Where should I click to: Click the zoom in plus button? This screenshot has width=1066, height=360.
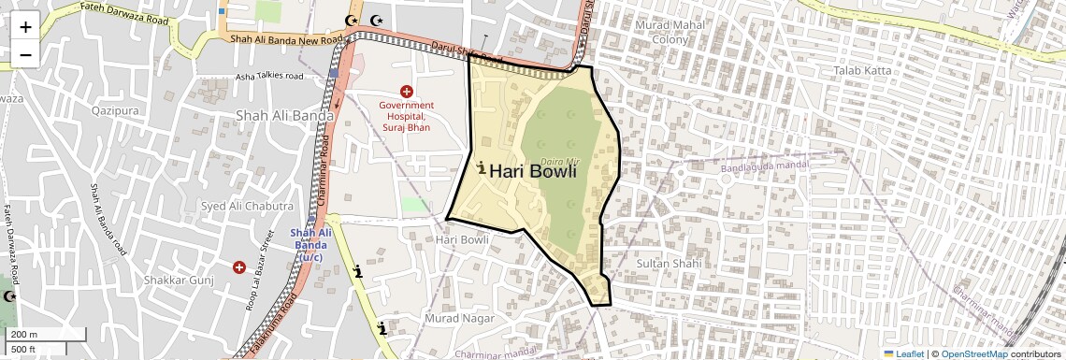coord(25,26)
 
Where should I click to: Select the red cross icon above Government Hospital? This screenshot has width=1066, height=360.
coord(406,91)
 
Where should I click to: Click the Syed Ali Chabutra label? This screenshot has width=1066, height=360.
coord(248,206)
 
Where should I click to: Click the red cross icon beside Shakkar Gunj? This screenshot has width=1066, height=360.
coord(239,268)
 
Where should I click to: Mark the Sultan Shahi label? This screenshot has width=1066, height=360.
coord(668,265)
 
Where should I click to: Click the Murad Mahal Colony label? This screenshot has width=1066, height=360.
coord(668,32)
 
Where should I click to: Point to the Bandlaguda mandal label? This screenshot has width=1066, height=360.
coord(765,168)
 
